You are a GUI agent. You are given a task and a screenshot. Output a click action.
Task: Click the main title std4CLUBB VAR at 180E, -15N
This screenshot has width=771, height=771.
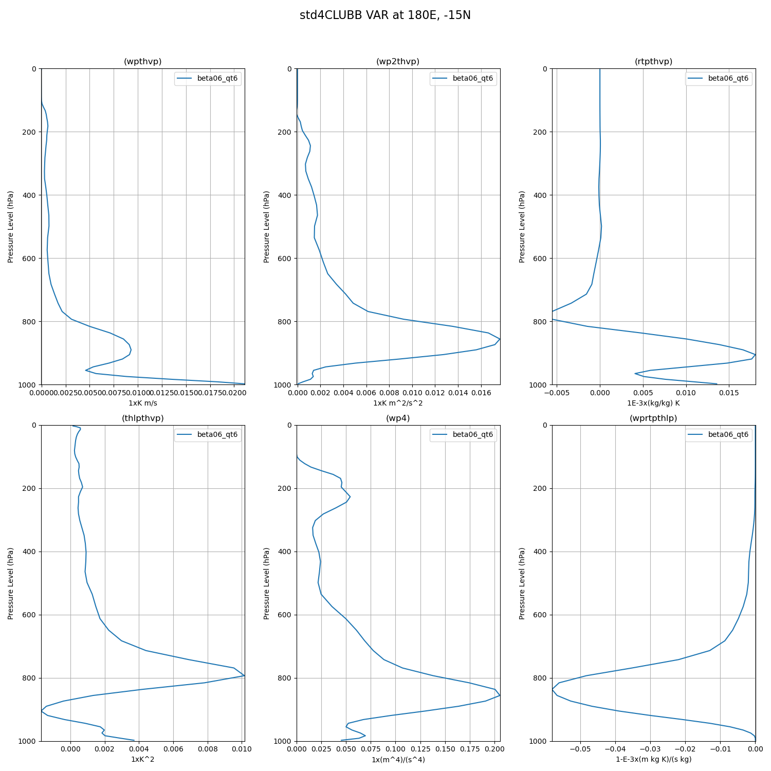click(x=385, y=15)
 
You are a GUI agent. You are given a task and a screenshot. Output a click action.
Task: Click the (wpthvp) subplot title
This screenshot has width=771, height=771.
click(x=142, y=62)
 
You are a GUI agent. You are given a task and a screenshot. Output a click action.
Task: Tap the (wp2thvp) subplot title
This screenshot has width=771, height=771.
click(x=398, y=62)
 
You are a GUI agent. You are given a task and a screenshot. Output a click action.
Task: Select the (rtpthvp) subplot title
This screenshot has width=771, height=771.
click(x=653, y=62)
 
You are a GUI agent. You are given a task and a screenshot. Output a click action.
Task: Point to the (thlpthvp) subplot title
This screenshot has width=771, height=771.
click(x=142, y=418)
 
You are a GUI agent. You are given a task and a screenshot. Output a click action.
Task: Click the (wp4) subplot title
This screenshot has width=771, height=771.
click(x=398, y=418)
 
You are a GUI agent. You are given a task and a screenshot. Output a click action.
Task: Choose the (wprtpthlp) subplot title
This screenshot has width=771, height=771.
click(x=653, y=418)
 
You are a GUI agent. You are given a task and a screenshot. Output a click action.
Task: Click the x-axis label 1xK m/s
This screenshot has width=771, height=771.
click(x=142, y=403)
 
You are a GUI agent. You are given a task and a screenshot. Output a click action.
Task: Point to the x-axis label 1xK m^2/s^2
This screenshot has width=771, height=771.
click(x=398, y=403)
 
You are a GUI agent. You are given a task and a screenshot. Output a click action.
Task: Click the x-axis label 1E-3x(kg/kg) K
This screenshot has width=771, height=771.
click(x=653, y=403)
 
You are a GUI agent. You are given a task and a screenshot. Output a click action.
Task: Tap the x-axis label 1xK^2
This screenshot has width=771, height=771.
click(x=142, y=759)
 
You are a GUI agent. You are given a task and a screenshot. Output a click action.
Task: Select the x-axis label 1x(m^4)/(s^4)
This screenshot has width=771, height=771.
click(x=398, y=759)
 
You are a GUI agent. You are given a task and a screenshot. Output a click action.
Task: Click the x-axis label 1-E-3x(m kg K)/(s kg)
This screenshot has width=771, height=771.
click(x=653, y=759)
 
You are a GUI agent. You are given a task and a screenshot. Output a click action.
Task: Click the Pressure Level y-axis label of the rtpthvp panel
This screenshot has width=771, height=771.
click(x=522, y=227)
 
